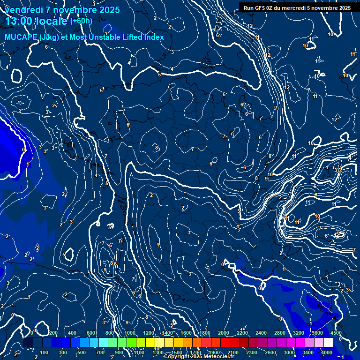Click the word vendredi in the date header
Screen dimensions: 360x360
pyautogui.click(x=23, y=10)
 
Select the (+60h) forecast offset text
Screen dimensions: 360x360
pyautogui.click(x=81, y=21)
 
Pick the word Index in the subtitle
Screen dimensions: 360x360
pyautogui.click(x=154, y=37)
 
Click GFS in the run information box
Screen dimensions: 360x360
pyautogui.click(x=260, y=8)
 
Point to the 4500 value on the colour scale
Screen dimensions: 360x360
pyautogui.click(x=336, y=333)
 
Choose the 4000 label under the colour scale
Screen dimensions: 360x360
pyautogui.click(x=326, y=352)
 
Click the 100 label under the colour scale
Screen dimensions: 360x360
pyautogui.click(x=45, y=352)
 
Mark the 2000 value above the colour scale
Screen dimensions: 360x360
pyautogui.click(x=224, y=333)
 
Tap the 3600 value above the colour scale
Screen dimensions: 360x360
pyautogui.click(x=317, y=333)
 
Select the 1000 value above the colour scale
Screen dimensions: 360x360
pyautogui.click(x=130, y=333)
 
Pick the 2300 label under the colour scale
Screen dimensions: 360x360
pyautogui.click(x=251, y=352)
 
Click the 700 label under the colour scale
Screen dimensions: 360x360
pyautogui.click(x=100, y=352)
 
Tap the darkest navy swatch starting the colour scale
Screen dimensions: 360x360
pyautogui.click(x=28, y=343)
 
